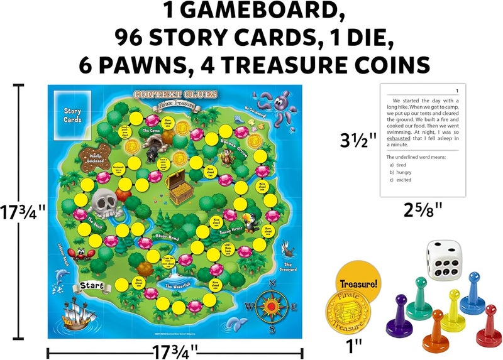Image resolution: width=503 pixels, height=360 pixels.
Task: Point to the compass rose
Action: coord(271,306)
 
